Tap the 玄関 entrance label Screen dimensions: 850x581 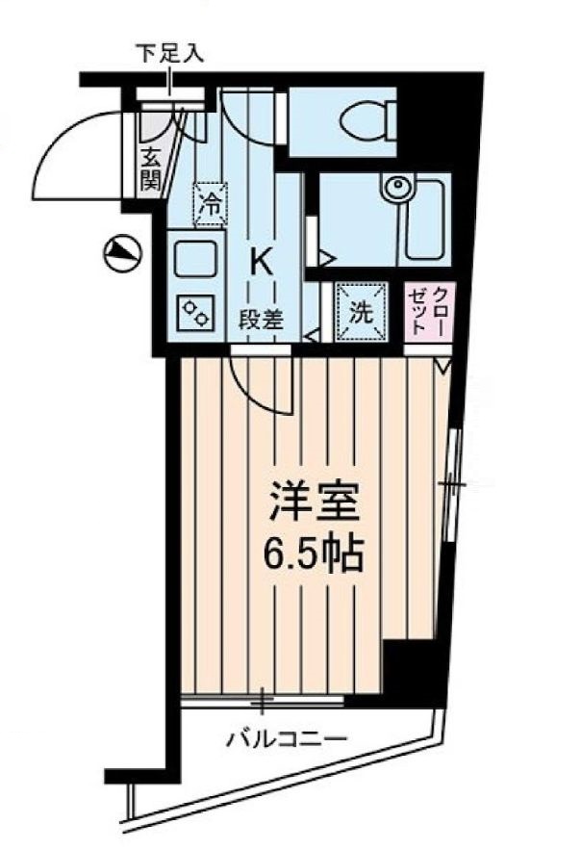(150, 167)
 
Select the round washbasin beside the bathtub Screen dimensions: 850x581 (394, 189)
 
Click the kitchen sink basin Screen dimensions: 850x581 (196, 257)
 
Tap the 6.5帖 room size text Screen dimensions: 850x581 (313, 553)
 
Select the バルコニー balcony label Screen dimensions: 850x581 (286, 739)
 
